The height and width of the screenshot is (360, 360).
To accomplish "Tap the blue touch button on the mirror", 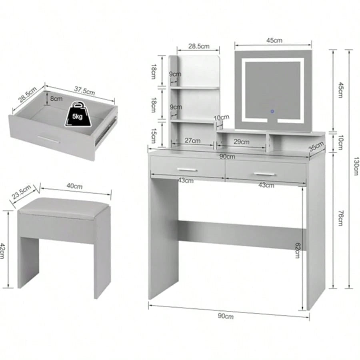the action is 272,111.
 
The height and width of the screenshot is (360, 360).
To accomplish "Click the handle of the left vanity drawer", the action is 187,170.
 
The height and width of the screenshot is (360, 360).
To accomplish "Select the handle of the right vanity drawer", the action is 264,174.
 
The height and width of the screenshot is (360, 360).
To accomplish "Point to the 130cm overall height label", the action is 356,166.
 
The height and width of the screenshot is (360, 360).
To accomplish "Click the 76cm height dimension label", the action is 340,218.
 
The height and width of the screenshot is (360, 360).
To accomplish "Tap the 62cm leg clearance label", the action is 298,250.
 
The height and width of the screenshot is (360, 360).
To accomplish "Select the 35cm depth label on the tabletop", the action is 316,146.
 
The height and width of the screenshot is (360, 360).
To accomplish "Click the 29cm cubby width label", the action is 241,142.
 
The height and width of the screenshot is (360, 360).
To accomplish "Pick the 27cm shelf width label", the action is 192,140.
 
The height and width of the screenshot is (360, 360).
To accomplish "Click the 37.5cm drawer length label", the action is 84,91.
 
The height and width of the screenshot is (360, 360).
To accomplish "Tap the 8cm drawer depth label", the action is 56,99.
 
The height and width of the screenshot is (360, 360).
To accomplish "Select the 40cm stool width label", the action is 74,186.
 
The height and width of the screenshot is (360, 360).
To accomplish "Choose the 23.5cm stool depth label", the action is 21,192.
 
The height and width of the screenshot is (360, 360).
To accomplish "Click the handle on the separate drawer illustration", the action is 49,139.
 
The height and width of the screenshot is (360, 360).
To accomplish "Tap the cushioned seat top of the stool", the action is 64,206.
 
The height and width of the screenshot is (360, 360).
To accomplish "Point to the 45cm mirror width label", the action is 274,40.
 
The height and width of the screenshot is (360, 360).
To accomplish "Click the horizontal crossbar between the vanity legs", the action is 242,235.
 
